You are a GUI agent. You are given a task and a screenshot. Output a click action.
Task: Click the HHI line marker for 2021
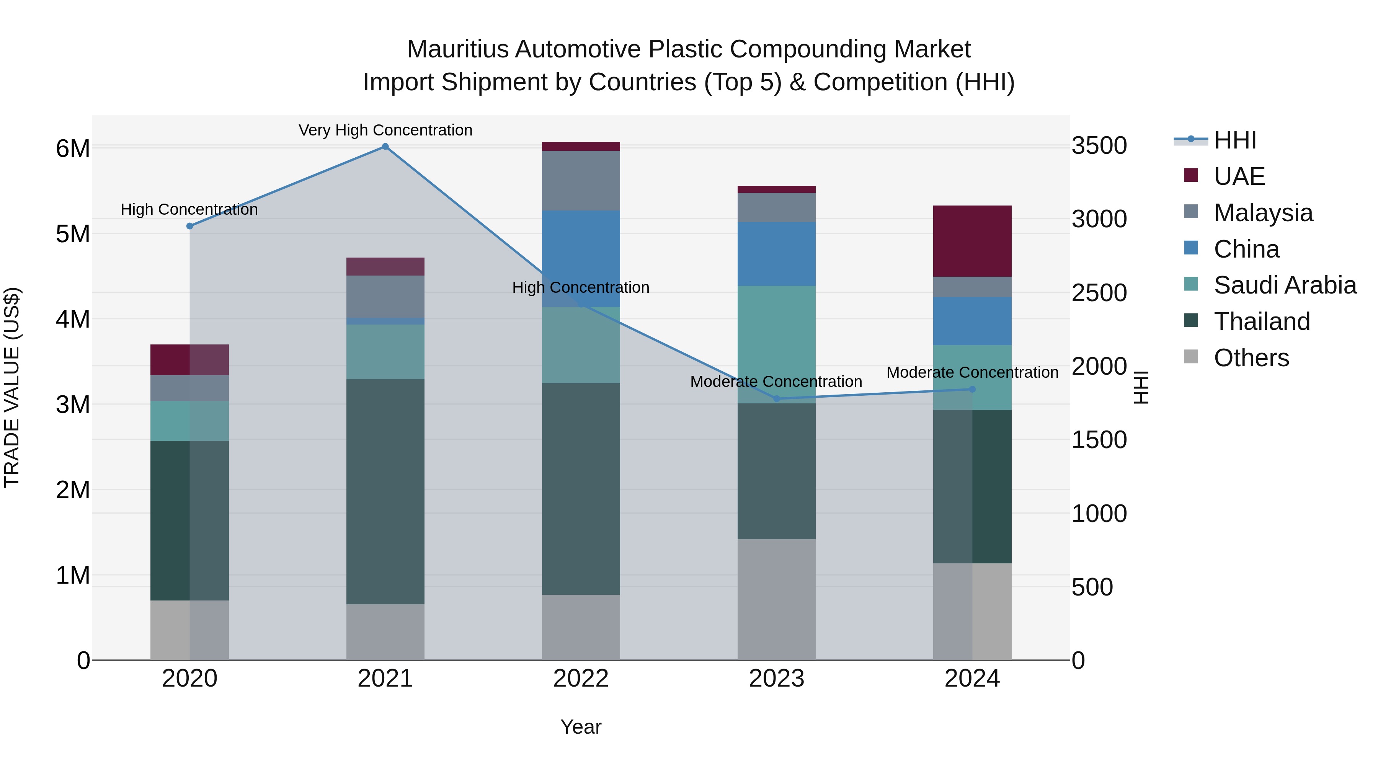pyautogui.click(x=385, y=147)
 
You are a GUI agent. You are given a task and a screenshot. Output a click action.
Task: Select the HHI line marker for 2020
pyautogui.click(x=189, y=226)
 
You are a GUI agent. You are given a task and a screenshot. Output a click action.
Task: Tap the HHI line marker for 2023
pyautogui.click(x=777, y=398)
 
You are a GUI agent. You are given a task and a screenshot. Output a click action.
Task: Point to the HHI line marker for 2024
pyautogui.click(x=973, y=389)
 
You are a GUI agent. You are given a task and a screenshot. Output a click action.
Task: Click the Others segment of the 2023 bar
pyautogui.click(x=776, y=599)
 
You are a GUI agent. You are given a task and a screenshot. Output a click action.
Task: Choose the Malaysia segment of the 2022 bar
pyautogui.click(x=581, y=180)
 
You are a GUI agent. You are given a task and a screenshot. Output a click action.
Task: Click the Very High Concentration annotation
pyautogui.click(x=385, y=130)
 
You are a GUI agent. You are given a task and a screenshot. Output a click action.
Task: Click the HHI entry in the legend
pyautogui.click(x=1234, y=140)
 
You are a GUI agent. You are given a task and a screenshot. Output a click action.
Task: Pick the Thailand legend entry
pyautogui.click(x=1261, y=321)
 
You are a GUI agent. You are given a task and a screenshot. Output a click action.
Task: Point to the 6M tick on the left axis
pyautogui.click(x=73, y=149)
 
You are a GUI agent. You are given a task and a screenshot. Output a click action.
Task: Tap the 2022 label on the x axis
pyautogui.click(x=581, y=679)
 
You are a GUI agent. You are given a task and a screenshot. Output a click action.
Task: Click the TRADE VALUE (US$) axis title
pyautogui.click(x=12, y=387)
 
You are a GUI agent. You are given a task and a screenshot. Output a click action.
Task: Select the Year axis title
pyautogui.click(x=581, y=727)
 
